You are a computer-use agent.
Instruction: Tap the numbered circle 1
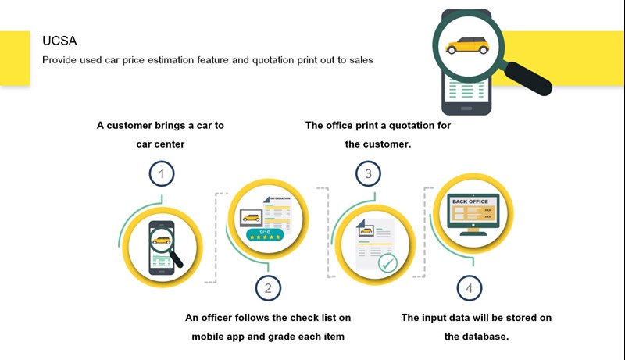tap(162, 174)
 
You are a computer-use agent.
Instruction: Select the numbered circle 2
tap(268, 288)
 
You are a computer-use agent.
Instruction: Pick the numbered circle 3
tap(368, 174)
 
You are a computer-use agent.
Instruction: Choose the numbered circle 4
tap(469, 288)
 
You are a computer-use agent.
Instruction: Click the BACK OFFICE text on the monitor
tap(470, 201)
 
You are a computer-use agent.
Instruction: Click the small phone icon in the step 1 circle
tap(162, 245)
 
